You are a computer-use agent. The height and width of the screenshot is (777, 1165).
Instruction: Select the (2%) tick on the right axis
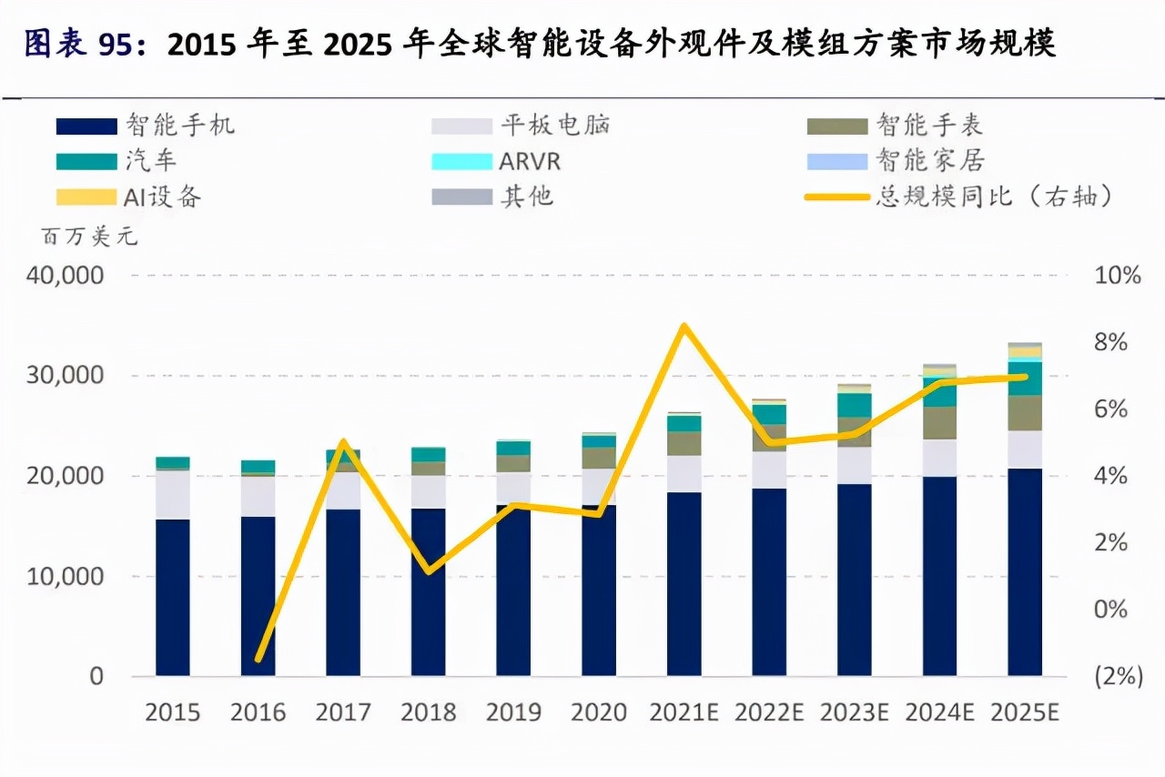point(1116,676)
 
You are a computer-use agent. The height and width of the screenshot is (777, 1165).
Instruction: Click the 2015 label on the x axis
point(173,712)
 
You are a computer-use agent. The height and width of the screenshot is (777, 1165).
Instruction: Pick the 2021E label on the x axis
point(684,712)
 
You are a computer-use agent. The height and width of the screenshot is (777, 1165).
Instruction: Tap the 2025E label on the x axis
point(1026,712)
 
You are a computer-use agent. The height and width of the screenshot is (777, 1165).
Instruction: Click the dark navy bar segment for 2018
point(428,591)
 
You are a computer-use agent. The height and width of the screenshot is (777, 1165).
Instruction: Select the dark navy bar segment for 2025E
point(1025,573)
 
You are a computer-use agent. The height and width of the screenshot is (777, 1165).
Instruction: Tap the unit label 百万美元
point(88,238)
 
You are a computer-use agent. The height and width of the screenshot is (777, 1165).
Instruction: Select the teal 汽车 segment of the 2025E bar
point(1025,378)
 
